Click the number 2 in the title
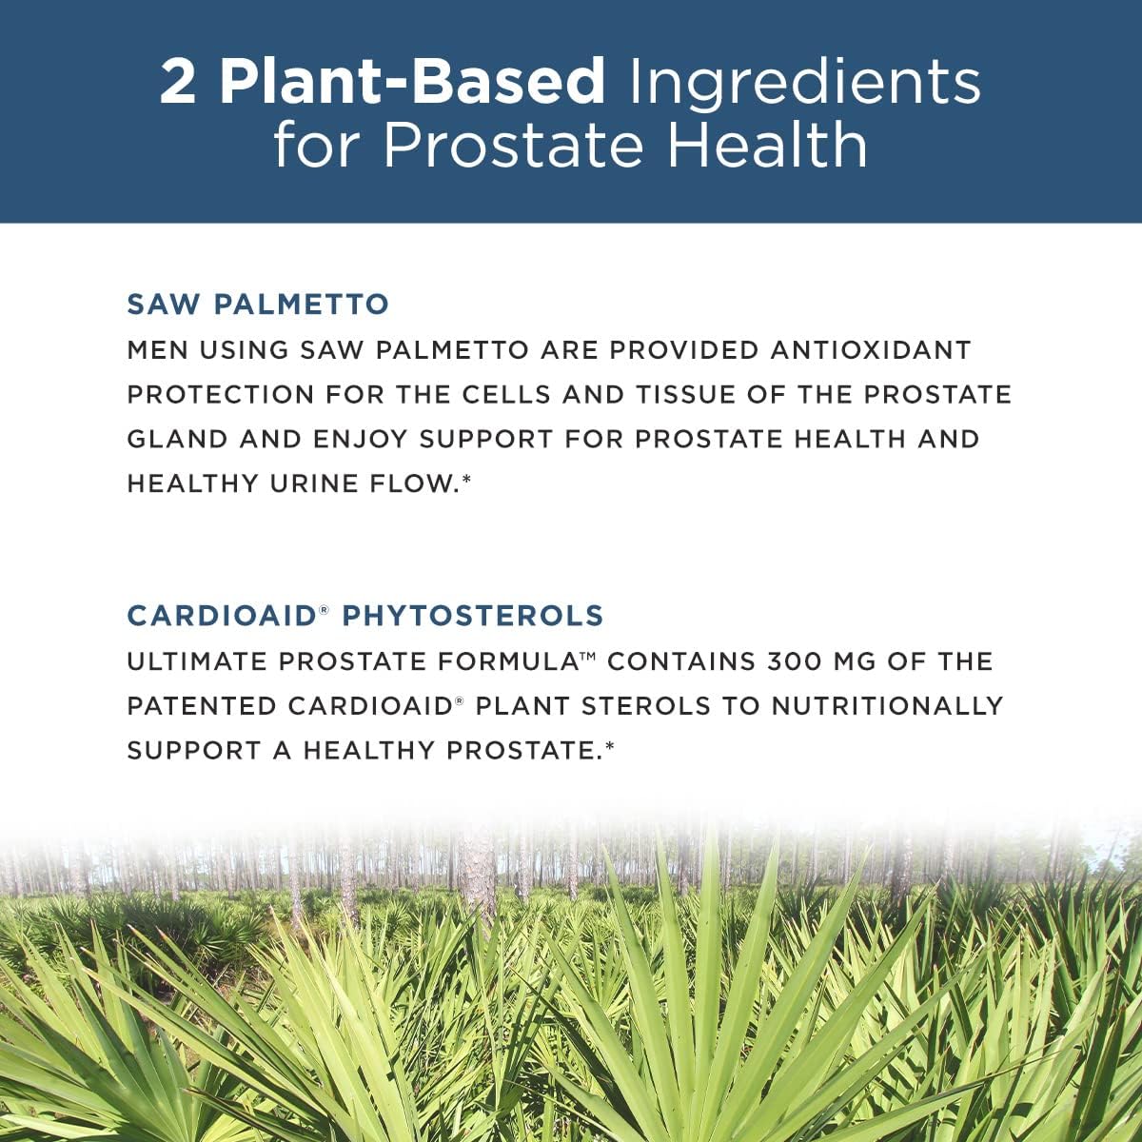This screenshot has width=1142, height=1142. coord(177,82)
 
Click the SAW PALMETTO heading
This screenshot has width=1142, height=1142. coord(258,305)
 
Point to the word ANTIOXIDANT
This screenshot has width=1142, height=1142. coord(871,349)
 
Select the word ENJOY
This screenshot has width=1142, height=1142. coord(361,439)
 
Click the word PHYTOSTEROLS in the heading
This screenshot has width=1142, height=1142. coord(473,616)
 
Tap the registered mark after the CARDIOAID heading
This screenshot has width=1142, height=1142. coord(323,609)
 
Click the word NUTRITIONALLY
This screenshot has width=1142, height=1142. coord(887,706)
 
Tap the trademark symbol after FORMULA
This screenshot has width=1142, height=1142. coord(587,656)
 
